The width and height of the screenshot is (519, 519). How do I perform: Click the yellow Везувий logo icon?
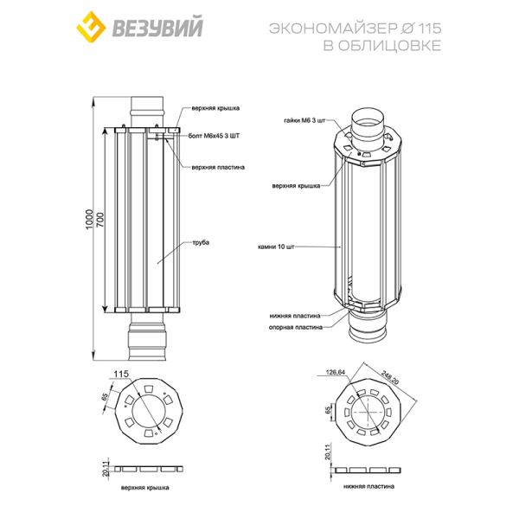tap(91, 27)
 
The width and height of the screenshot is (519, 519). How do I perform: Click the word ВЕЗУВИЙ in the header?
tap(157, 27)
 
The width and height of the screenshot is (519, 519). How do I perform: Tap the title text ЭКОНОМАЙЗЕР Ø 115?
tap(356, 29)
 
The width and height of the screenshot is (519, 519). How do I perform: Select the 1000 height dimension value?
tap(89, 220)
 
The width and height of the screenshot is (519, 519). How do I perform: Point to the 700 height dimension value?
tap(99, 220)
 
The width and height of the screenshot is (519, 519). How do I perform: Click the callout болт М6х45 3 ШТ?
tap(214, 136)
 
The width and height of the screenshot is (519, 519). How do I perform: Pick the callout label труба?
tap(201, 242)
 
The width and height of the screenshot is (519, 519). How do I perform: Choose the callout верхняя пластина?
tap(218, 167)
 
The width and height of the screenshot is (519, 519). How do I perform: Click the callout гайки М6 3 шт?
tap(304, 120)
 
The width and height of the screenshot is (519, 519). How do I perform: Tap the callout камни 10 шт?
tap(276, 247)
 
